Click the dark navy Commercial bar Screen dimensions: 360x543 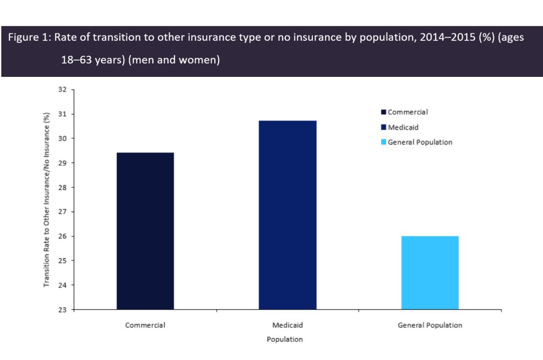pos(145,231)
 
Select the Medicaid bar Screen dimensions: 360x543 pos(287,215)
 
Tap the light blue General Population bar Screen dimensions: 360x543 pos(430,273)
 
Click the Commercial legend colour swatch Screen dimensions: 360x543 pos(383,112)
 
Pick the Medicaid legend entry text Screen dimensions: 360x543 pos(403,127)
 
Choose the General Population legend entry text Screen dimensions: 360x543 pos(420,142)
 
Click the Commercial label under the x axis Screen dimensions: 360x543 pos(145,325)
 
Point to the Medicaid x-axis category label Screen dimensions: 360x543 pos(287,325)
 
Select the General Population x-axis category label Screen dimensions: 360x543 pos(430,325)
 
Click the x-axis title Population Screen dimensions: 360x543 pos(284,339)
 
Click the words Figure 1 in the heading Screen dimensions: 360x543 pos(27,40)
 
